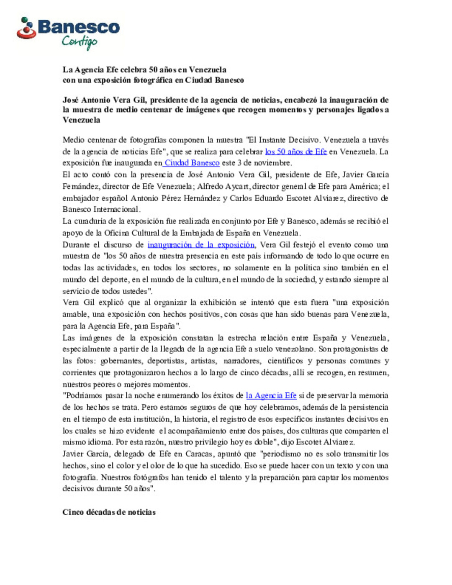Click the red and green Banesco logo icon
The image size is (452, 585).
point(26,29)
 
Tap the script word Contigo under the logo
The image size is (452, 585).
point(80,42)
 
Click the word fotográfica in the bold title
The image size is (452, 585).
point(152,80)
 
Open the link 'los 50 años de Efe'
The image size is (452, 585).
point(295,151)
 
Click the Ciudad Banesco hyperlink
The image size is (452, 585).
point(192,163)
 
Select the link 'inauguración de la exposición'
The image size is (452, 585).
point(201,245)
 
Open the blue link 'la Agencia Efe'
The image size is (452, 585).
point(271,395)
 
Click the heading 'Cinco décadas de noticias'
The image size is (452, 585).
point(109,512)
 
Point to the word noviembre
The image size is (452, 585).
point(272,163)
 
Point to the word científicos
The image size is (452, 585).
point(285,361)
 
